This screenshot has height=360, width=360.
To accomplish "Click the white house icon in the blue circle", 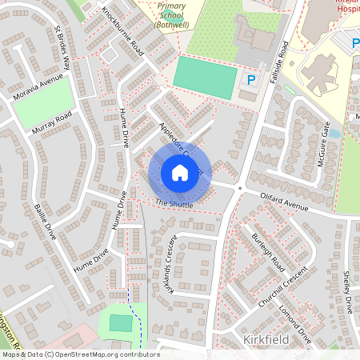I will (x=180, y=173).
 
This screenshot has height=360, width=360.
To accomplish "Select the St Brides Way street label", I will (x=62, y=48).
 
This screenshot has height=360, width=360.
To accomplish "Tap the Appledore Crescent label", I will (x=180, y=147).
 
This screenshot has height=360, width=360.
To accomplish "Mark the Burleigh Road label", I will (x=267, y=249).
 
